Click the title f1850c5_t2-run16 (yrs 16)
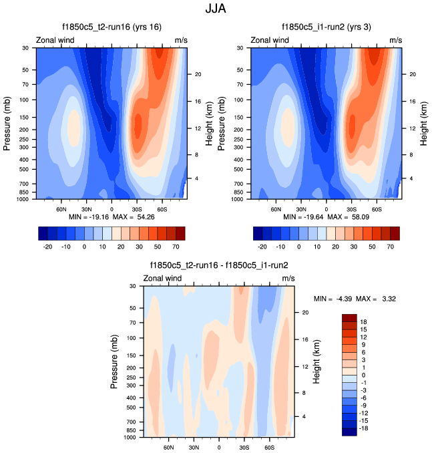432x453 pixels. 112,27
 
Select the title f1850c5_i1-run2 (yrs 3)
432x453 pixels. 327,27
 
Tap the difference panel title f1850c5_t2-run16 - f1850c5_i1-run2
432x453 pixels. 219,265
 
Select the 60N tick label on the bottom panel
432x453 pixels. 169,446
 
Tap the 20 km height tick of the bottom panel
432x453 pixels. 304,312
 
